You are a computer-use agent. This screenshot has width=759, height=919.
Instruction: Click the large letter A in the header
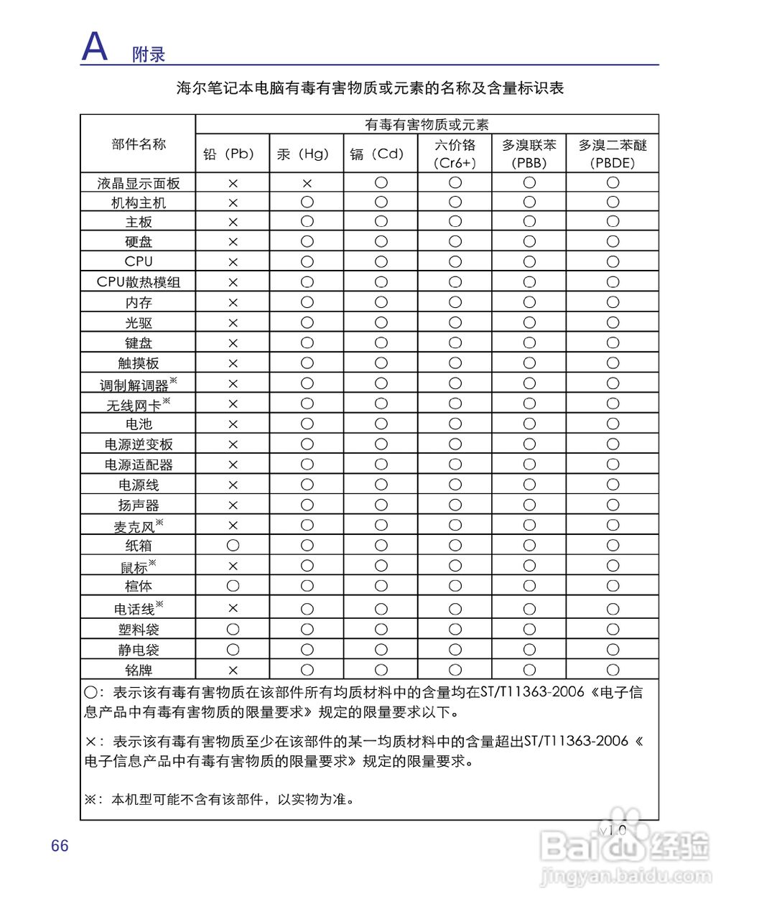94,47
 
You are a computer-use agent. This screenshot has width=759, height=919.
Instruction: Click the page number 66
60,846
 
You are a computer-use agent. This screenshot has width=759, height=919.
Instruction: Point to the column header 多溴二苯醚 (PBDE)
613,154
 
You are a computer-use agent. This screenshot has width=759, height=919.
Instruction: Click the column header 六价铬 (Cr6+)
455,154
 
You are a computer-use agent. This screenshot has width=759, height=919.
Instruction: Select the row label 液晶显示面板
139,183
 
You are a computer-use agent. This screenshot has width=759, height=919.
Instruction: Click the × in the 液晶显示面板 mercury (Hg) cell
307,183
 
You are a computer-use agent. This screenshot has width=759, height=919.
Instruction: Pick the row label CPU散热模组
139,282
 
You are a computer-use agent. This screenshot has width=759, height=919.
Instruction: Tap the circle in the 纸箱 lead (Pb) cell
233,546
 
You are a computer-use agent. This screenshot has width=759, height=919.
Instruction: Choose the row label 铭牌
139,670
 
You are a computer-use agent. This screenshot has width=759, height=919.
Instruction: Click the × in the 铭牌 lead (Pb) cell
233,670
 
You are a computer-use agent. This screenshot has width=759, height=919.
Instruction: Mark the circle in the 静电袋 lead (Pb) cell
233,650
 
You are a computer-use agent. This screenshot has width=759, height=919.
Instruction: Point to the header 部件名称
139,144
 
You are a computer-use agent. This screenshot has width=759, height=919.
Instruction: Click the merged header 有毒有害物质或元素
427,125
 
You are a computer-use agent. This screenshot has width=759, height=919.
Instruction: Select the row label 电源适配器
139,465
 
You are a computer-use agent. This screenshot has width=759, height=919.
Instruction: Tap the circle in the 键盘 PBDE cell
613,342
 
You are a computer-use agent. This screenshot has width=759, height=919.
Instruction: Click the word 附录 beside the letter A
149,55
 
